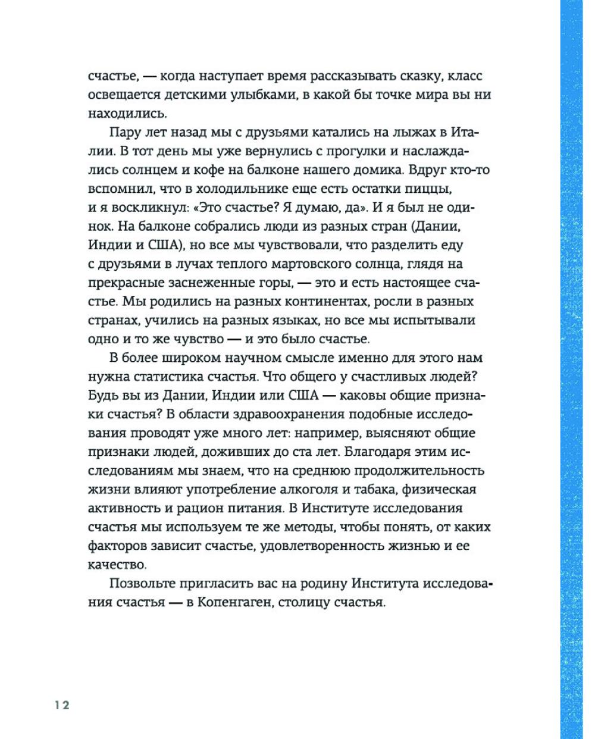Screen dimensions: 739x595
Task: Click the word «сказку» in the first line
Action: point(409,77)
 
